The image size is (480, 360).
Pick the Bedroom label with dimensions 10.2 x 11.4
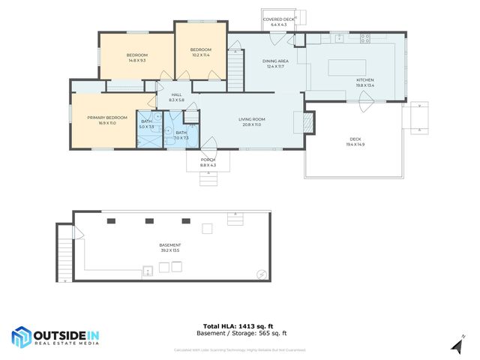[200, 52]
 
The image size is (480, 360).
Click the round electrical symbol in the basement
[261, 274]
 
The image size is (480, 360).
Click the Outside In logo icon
[21, 337]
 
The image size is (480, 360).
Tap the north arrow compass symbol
[456, 345]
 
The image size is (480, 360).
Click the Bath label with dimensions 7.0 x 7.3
[181, 135]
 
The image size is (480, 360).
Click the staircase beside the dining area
[236, 70]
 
